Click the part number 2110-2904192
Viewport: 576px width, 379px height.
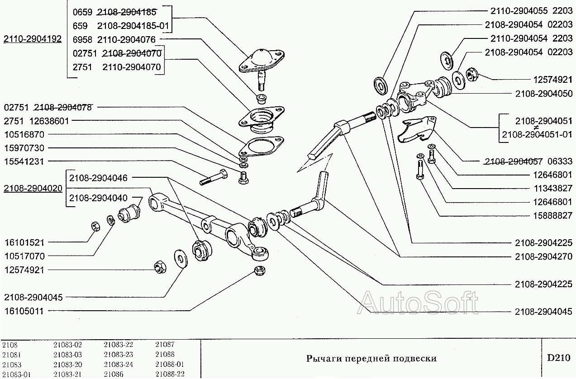[x=32, y=39]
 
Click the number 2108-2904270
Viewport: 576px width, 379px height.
[x=543, y=256]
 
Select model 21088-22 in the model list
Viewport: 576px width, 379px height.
[x=170, y=374]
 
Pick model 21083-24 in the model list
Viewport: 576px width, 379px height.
[x=118, y=364]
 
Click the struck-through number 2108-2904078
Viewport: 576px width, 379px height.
[x=62, y=108]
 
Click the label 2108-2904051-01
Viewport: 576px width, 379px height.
[x=537, y=134]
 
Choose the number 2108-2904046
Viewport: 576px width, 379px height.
[x=98, y=178]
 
